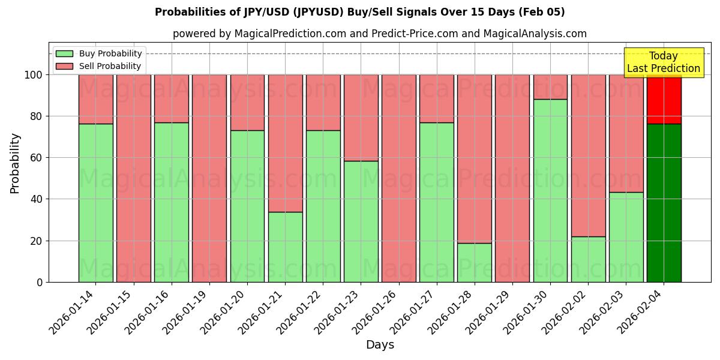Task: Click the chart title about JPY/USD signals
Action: coord(359,12)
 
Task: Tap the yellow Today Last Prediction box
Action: coord(664,62)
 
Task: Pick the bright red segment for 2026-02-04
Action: coord(664,99)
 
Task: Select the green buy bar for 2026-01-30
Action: coord(550,190)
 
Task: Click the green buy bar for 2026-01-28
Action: coord(475,262)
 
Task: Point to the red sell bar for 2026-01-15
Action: coord(133,178)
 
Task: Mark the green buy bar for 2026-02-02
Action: coord(588,259)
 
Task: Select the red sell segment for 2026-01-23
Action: coord(361,118)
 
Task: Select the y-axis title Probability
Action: coord(15,163)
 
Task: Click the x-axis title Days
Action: coord(380,344)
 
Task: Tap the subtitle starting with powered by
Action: coord(379,34)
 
